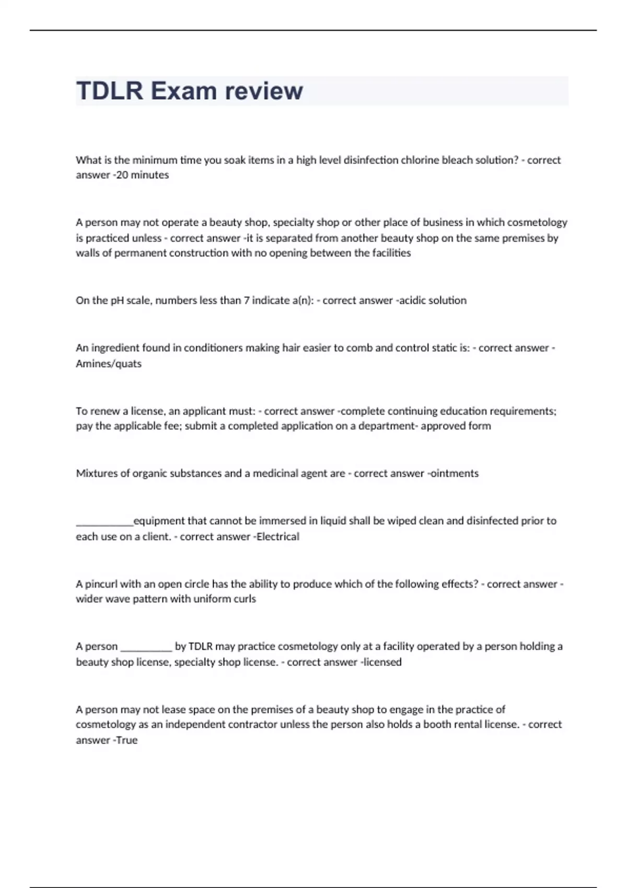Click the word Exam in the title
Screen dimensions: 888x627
(183, 91)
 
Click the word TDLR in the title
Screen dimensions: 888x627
(110, 91)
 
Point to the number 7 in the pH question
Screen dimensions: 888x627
(247, 300)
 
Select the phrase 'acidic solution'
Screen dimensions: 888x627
(433, 300)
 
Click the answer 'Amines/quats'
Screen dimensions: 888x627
(109, 364)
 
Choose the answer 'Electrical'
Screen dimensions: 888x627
(277, 536)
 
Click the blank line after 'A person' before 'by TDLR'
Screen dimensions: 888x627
(146, 648)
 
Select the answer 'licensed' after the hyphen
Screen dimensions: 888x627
(382, 662)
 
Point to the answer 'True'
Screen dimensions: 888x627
(127, 740)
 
